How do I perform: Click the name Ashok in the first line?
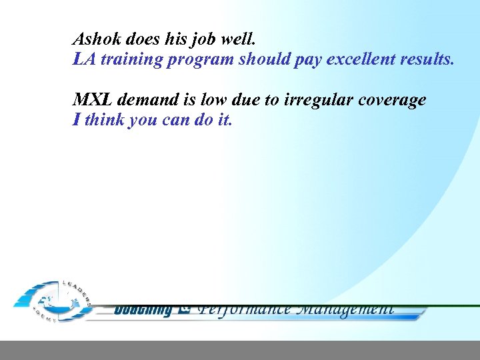[95, 38]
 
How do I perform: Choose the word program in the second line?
[200, 59]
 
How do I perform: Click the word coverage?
[393, 101]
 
